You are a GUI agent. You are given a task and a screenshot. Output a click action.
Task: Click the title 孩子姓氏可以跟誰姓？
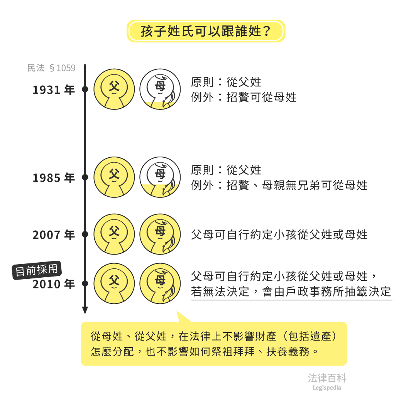pos(205,31)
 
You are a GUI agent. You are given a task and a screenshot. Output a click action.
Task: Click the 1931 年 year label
pos(54,90)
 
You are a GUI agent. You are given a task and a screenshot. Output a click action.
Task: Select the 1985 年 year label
pos(54,178)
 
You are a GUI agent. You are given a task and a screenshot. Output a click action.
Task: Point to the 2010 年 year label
pos(54,284)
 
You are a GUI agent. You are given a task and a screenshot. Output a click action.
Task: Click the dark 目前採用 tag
pos(37,270)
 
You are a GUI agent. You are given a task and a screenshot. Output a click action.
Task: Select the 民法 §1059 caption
pos(51,68)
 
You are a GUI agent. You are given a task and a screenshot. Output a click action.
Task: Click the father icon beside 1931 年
pos(114,89)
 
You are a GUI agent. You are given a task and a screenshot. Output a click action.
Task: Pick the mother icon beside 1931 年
pos(160,89)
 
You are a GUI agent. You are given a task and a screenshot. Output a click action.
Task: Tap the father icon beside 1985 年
pos(114,177)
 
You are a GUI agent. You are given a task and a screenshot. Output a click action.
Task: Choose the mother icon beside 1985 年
pos(160,177)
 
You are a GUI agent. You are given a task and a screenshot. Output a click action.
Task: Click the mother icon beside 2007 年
pos(160,234)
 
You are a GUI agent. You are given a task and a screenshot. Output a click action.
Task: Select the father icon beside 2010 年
pos(114,283)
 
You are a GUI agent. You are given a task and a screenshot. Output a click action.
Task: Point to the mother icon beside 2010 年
pos(160,283)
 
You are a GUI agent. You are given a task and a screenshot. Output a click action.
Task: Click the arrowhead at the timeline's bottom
pos(85,310)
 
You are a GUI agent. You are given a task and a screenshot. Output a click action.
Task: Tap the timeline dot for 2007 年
pos(85,234)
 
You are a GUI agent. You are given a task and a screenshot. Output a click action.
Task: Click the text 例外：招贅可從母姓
pos(244,97)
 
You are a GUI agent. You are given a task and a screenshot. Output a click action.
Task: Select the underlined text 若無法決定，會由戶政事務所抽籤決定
pos(291,292)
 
